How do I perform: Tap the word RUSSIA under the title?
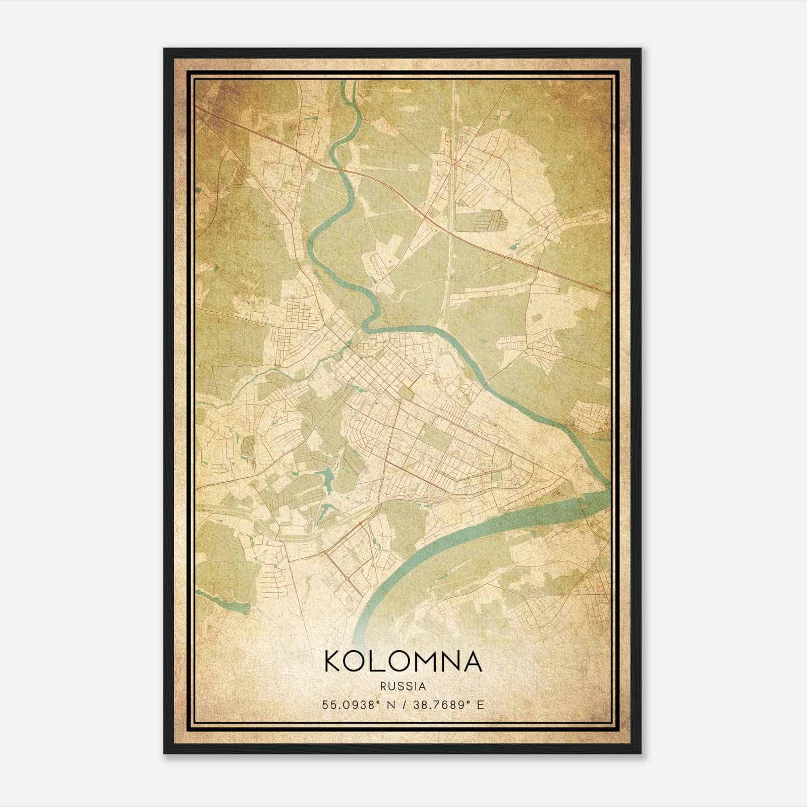click(403, 686)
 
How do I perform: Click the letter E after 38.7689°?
click(480, 705)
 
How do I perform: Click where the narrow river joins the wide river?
click(605, 492)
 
